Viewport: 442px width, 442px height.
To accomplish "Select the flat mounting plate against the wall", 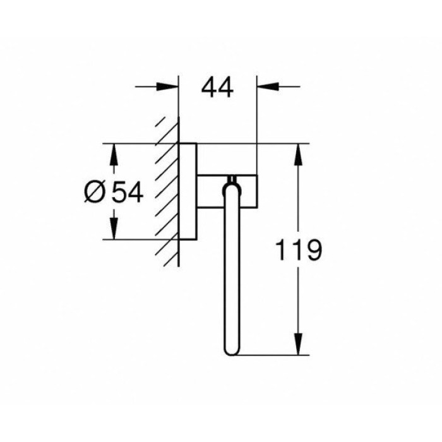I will pyautogui.click(x=188, y=191).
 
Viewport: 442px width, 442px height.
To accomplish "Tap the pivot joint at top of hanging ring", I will pyautogui.click(x=230, y=183).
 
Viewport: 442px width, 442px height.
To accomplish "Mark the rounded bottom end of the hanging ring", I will pyautogui.click(x=230, y=350).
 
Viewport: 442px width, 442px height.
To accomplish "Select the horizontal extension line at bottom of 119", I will pyautogui.click(x=272, y=355).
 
